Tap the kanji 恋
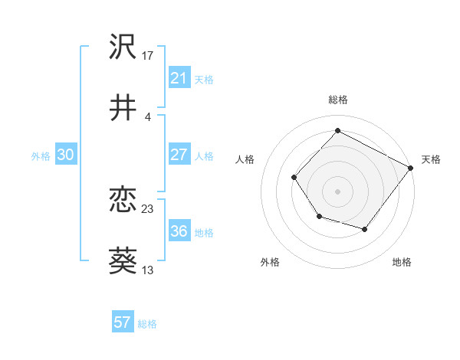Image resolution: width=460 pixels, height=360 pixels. point(123,200)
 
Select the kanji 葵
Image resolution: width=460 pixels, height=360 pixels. point(123,261)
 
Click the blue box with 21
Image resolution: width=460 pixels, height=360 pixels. point(179,78)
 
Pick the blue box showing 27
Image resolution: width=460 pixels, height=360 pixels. point(179,155)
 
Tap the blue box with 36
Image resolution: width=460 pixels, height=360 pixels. point(179,231)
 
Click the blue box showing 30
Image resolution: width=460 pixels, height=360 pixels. point(65,155)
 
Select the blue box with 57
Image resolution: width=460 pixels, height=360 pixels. point(122,322)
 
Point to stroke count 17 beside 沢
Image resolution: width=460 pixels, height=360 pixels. point(148,55)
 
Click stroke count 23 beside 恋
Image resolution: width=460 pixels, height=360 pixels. point(148,208)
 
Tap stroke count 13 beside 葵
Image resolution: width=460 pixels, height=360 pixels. point(148,270)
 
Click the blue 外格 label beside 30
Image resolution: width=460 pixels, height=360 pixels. point(41,155)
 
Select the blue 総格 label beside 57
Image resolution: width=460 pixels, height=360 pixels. point(147,323)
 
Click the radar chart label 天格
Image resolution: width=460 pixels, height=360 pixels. point(431,159)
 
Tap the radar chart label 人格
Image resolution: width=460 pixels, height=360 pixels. point(245,159)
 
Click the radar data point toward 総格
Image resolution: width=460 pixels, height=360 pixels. point(337,130)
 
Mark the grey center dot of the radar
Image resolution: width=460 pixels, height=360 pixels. point(337,191)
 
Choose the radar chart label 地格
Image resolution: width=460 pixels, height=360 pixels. point(402,262)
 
